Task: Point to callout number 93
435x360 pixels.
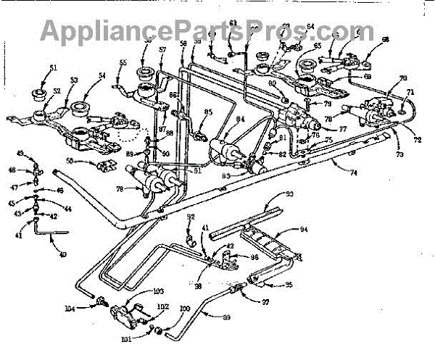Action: [288, 195]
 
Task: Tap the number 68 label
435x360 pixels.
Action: [384, 40]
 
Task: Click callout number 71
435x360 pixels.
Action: [410, 93]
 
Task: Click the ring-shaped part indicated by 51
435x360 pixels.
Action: [38, 93]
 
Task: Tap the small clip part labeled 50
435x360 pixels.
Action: [107, 164]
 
